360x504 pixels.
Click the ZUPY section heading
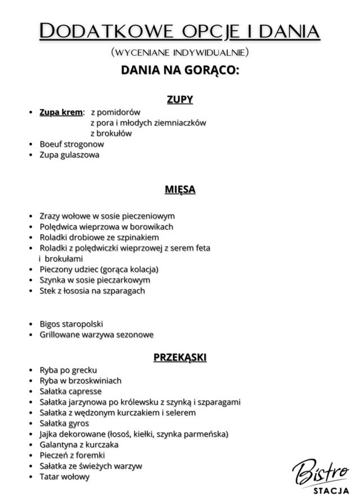click(x=179, y=100)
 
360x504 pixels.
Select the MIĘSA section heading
click(x=180, y=190)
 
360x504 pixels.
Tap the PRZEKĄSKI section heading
click(x=180, y=357)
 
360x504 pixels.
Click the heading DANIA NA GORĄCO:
click(x=180, y=71)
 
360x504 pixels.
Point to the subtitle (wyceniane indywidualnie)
click(x=180, y=53)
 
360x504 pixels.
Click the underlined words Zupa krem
click(x=61, y=112)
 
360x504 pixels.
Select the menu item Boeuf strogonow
click(x=71, y=144)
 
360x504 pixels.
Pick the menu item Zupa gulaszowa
click(x=69, y=155)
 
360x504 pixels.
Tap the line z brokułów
click(x=111, y=133)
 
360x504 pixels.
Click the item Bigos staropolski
click(x=71, y=324)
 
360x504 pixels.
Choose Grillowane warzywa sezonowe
click(x=96, y=335)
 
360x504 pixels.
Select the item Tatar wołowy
click(x=64, y=476)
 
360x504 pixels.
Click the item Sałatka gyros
click(x=64, y=423)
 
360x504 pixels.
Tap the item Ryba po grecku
click(x=68, y=370)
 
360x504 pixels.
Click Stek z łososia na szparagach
click(x=92, y=291)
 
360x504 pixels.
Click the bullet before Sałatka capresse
click(x=31, y=391)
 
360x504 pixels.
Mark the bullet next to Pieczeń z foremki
click(x=31, y=456)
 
